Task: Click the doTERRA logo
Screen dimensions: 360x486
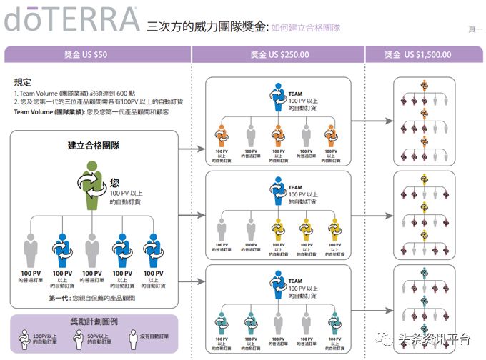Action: coord(71,19)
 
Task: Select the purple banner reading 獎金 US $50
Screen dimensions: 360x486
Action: coord(97,54)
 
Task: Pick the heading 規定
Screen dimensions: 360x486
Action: coord(22,82)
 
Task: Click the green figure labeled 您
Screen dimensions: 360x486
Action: coord(93,187)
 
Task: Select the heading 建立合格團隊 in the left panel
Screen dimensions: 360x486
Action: coord(93,146)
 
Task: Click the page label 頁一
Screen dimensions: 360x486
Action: coord(475,29)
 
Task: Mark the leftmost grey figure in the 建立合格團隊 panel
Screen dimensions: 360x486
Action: coord(31,253)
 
